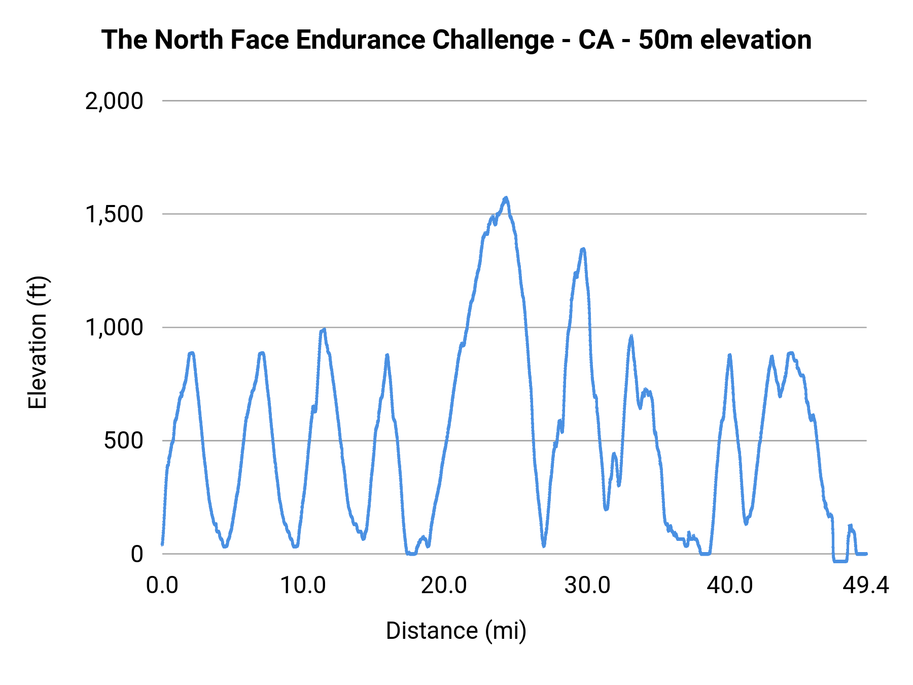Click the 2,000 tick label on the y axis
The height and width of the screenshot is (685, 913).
114,101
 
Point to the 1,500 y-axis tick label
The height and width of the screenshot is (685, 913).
114,214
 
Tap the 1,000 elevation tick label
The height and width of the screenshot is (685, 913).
114,327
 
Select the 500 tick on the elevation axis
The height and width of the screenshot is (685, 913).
124,440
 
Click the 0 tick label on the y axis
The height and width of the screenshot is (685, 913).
137,554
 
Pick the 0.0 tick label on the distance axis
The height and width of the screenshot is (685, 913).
162,586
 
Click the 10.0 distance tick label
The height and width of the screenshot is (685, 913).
303,586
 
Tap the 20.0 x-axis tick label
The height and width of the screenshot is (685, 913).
444,586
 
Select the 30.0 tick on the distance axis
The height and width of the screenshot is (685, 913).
587,586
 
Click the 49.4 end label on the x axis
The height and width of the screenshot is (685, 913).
866,586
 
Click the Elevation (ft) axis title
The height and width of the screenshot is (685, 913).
38,342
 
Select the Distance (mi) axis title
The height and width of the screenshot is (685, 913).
456,631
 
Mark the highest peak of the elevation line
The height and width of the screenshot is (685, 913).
506,198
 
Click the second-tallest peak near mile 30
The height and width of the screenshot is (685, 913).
583,249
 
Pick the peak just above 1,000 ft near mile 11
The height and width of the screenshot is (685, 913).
324,330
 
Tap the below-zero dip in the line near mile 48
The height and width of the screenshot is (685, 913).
839,561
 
